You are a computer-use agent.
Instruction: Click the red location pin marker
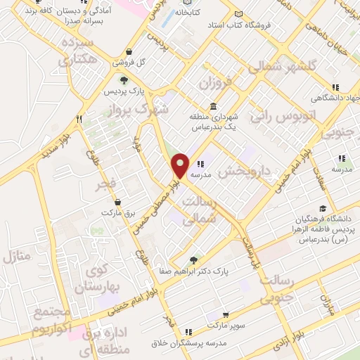pos(181,165)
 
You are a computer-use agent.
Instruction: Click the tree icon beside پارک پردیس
pos(124,80)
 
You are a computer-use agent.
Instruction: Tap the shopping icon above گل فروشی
pos(131,51)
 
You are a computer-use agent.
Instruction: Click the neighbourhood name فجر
pos(111,186)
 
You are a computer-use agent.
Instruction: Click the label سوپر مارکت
pos(224,327)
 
